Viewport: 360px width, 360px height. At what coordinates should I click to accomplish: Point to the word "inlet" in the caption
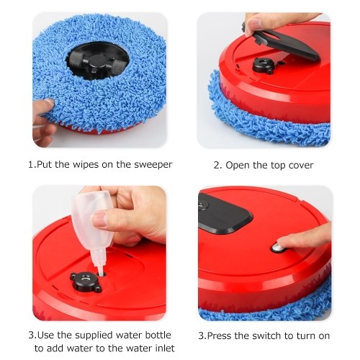point(163,348)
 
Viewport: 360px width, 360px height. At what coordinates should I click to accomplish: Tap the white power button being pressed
point(279,248)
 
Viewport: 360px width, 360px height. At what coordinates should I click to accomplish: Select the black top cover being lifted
point(282,43)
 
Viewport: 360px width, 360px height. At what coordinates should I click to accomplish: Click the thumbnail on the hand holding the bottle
point(99,219)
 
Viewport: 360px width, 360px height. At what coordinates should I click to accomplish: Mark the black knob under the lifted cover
point(262,65)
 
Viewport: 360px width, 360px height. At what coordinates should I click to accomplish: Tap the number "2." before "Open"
point(218,166)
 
